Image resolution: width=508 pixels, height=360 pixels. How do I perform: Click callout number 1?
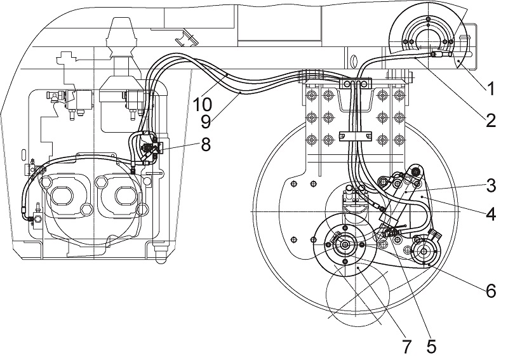tap(490, 89)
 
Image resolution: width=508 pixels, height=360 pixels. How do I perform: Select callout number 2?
tap(490, 120)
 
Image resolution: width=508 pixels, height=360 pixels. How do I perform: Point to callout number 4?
tap(491, 213)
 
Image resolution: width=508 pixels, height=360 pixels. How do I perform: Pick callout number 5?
tap(431, 346)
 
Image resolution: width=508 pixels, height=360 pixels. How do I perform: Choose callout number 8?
tap(206, 144)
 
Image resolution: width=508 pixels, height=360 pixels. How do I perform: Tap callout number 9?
tap(206, 121)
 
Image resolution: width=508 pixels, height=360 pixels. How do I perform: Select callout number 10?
tap(203, 104)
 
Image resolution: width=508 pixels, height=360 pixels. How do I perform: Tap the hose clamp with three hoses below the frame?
tap(355, 84)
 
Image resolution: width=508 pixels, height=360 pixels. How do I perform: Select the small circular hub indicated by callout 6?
tap(424, 252)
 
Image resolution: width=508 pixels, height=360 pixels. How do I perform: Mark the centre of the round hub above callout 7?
tap(345, 245)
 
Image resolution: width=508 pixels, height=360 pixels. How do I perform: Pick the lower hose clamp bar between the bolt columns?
tap(355, 136)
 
